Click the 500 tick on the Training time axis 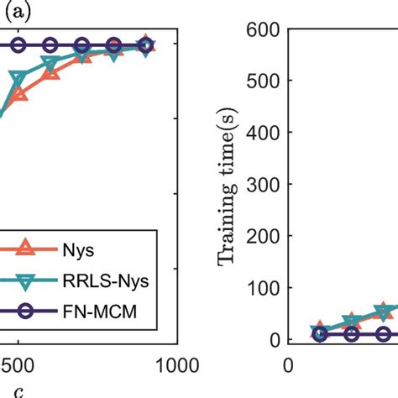(x=264, y=81)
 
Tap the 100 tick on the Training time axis (x=264, y=288)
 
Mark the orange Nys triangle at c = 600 (x=51, y=74)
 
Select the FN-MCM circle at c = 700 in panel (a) (x=82, y=45)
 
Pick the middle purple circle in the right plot (x=352, y=334)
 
